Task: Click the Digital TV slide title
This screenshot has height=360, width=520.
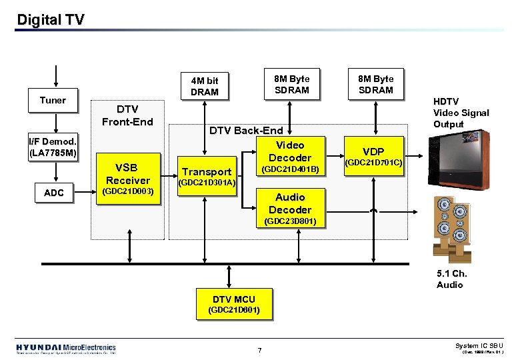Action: click(51, 20)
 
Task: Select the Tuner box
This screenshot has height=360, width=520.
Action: click(53, 101)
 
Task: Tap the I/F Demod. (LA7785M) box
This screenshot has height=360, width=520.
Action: click(53, 148)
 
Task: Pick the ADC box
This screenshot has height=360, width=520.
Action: click(53, 193)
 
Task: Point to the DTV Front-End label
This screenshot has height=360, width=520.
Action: click(127, 115)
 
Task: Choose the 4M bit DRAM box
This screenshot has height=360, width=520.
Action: click(205, 86)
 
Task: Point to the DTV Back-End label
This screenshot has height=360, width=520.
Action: click(246, 131)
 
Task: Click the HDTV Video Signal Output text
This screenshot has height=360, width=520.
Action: click(461, 113)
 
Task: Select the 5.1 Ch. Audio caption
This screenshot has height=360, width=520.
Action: click(451, 279)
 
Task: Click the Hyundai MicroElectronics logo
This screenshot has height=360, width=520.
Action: click(66, 349)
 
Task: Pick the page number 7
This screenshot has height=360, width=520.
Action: click(261, 350)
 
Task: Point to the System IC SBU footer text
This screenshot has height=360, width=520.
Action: click(479, 346)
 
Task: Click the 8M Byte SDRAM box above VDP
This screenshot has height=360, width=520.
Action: click(376, 85)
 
